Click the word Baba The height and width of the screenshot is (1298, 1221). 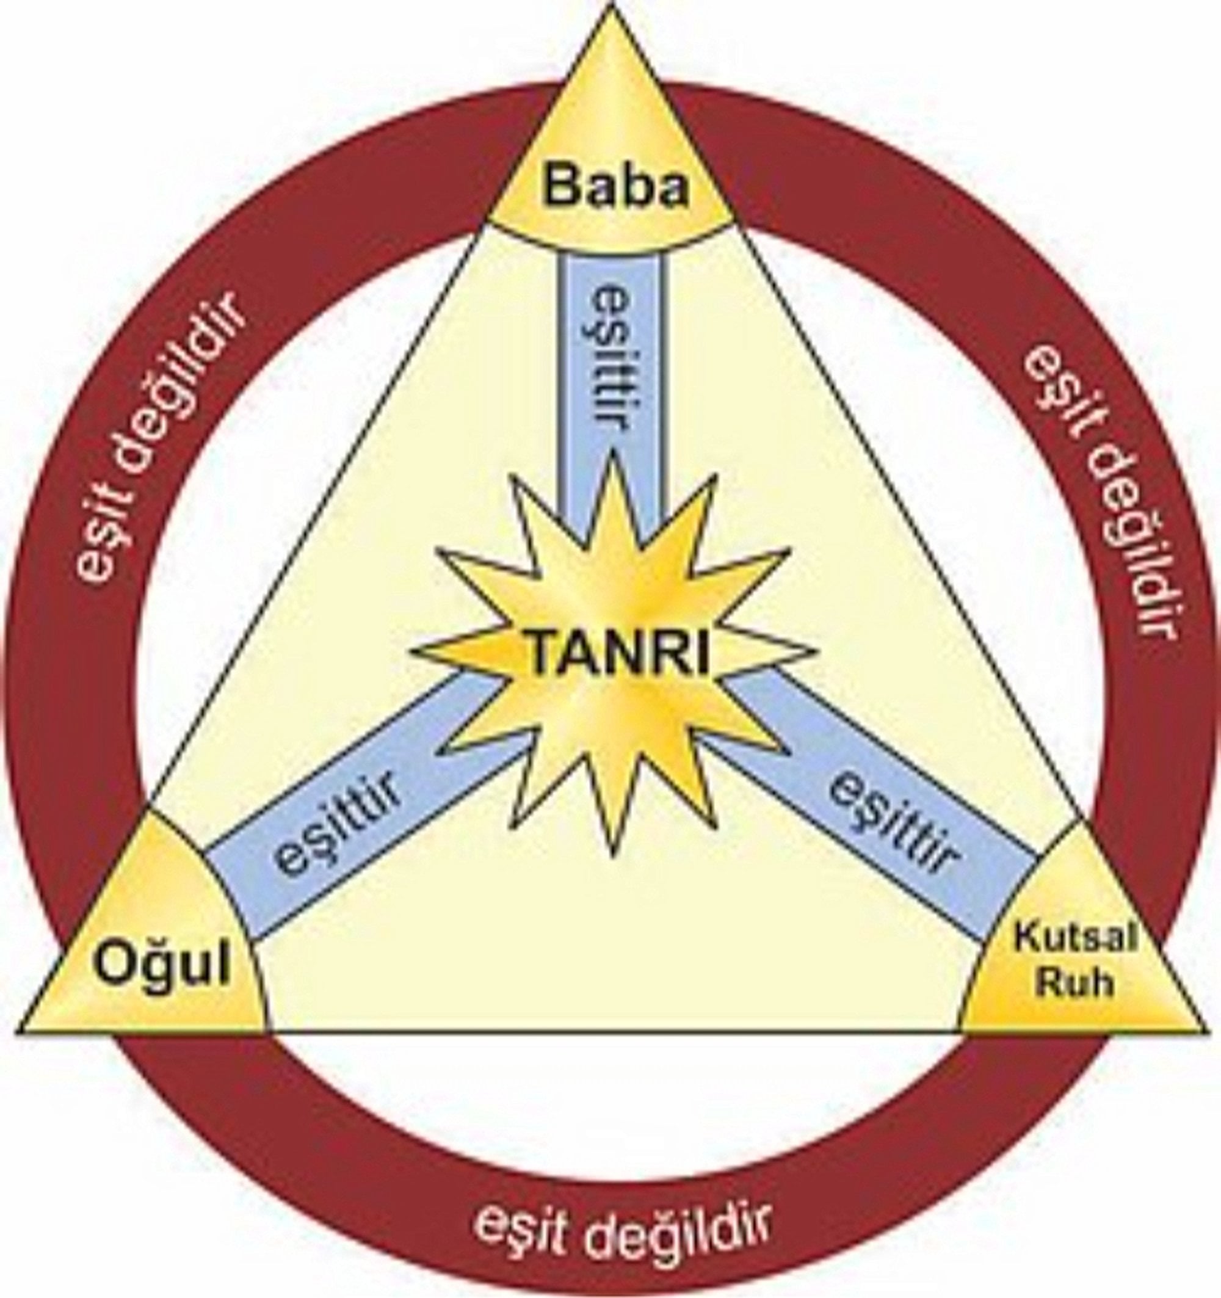coord(617,187)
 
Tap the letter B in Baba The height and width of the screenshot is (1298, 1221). coord(561,187)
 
